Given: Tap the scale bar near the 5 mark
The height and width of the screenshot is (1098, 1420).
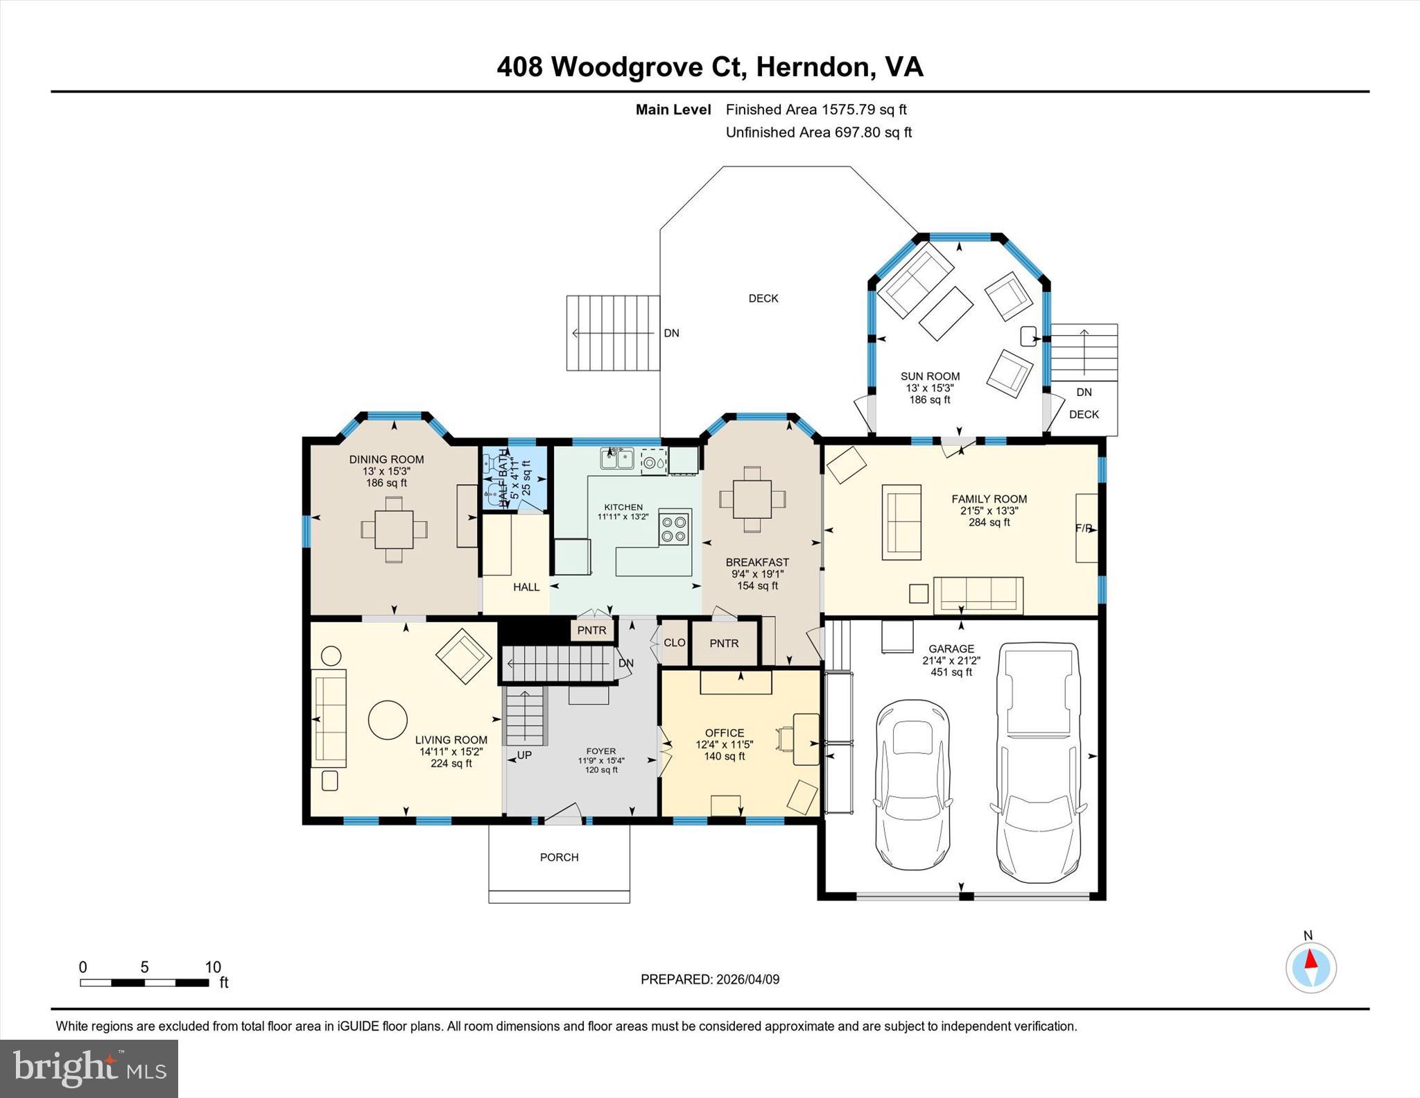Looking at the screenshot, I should [x=144, y=982].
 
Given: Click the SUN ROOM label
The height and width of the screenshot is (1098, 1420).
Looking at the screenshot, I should [x=930, y=376].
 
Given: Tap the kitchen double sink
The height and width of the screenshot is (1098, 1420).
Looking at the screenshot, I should [x=616, y=458].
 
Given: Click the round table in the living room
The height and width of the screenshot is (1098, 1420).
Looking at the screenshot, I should [x=387, y=720].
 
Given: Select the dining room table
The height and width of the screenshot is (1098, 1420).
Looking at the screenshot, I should [x=394, y=529].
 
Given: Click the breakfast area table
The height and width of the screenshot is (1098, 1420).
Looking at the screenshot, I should [x=752, y=499].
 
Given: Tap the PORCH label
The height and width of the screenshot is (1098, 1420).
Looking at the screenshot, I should [x=559, y=857].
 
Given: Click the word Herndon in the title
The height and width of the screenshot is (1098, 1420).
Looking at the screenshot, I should [x=812, y=67].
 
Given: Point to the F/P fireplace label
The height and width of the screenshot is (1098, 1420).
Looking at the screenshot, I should [x=1083, y=529].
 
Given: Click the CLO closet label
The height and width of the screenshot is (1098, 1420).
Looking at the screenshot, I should [x=674, y=643].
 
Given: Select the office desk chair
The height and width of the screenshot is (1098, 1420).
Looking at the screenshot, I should [x=786, y=739].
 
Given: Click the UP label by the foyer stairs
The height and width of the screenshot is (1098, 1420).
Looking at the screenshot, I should [x=524, y=755].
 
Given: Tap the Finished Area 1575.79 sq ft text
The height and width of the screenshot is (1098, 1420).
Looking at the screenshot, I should [x=815, y=110].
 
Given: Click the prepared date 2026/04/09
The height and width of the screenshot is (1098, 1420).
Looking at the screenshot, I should [x=747, y=979].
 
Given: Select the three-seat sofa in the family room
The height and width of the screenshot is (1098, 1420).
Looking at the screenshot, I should [x=978, y=595].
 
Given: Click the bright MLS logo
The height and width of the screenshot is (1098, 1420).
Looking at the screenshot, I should [x=89, y=1068].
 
